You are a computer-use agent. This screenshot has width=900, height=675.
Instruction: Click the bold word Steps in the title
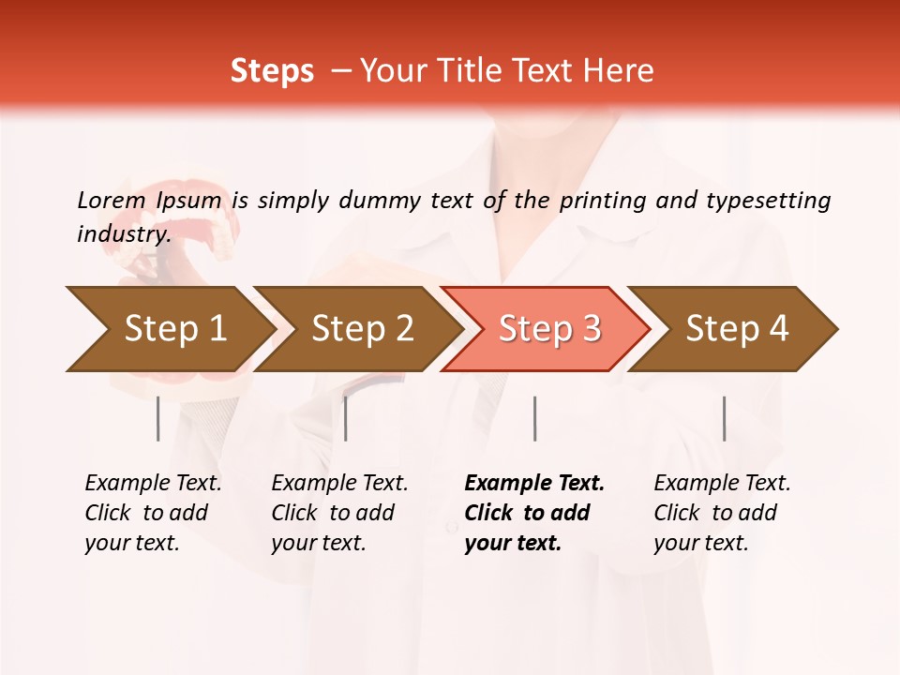(x=272, y=71)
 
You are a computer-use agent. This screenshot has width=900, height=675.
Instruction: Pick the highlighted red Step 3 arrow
(x=547, y=329)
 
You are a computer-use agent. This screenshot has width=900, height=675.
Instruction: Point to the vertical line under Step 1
(x=157, y=418)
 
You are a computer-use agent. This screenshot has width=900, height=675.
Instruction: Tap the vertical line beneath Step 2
(x=346, y=418)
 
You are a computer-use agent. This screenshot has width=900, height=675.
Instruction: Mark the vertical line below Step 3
(x=534, y=418)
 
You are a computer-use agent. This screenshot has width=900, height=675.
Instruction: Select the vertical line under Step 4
(x=724, y=418)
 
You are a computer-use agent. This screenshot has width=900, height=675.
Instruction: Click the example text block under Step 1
(x=153, y=513)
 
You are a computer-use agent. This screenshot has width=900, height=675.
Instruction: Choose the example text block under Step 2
(x=339, y=513)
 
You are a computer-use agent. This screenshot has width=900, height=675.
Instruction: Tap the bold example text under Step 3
(x=534, y=513)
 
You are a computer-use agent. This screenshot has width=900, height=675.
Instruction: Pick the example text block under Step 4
(x=722, y=513)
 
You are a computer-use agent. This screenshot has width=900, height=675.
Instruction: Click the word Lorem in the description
(x=111, y=200)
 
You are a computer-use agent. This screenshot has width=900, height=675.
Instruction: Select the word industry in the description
(x=123, y=233)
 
